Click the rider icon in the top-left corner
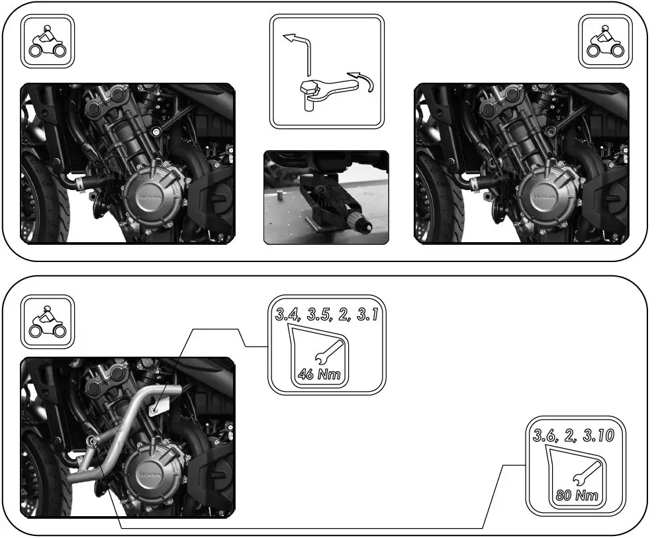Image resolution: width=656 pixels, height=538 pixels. (48, 41)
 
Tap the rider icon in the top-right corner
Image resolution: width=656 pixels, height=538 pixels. (605, 41)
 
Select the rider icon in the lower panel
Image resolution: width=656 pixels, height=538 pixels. (48, 321)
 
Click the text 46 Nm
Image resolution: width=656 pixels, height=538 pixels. (319, 375)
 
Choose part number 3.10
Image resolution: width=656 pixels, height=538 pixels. (600, 435)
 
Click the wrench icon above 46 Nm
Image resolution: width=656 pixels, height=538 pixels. (328, 351)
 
